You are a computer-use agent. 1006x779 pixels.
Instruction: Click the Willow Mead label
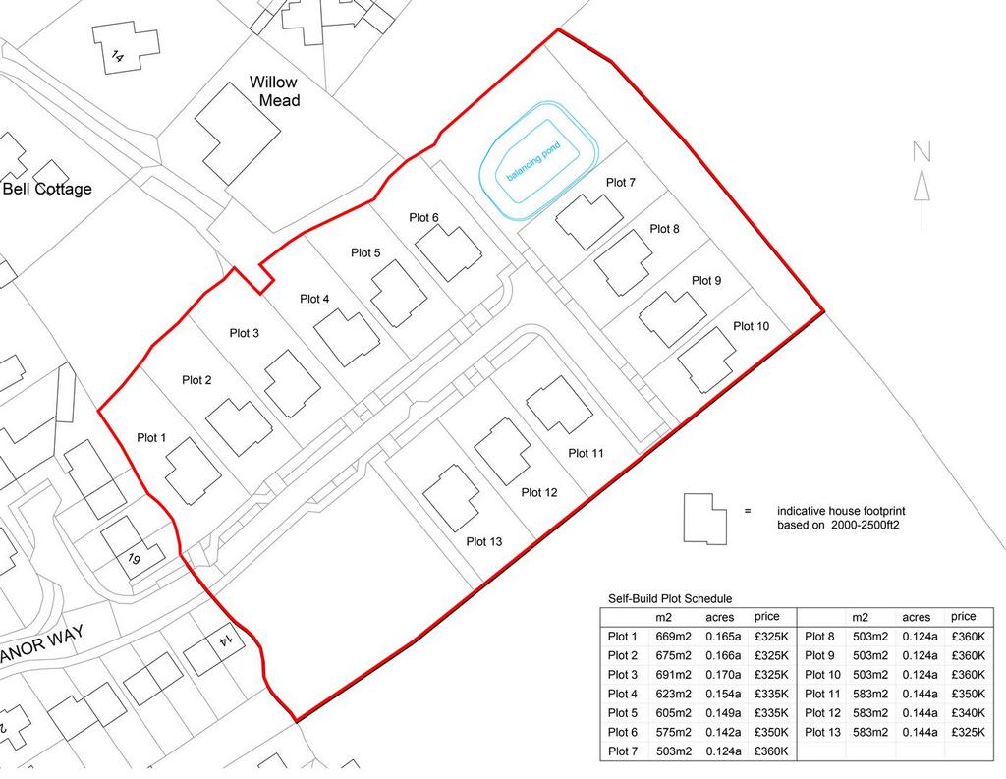click(275, 91)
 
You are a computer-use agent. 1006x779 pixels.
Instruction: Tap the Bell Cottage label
click(47, 189)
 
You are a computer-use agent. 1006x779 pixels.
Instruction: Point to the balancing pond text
click(533, 162)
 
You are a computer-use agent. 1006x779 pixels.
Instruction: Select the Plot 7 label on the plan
click(621, 183)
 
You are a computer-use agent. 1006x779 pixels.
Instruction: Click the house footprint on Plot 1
click(194, 472)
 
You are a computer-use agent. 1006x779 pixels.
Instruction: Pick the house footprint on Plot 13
click(452, 499)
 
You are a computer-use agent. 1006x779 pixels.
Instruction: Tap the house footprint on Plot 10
click(707, 360)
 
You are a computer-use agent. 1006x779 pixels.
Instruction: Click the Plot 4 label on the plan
click(314, 299)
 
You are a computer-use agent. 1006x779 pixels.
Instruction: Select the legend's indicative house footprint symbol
click(705, 519)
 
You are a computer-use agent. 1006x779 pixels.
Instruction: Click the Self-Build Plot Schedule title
click(670, 598)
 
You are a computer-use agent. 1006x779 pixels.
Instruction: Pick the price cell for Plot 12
click(968, 713)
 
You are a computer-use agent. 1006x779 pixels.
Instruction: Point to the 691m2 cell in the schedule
click(674, 675)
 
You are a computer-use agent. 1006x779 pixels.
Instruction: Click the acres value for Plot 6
click(723, 732)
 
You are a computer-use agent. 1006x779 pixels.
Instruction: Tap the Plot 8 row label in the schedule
click(819, 637)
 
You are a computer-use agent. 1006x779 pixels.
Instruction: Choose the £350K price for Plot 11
click(968, 694)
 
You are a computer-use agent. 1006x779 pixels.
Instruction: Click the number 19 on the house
click(134, 559)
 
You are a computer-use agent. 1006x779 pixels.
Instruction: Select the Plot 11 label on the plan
click(586, 453)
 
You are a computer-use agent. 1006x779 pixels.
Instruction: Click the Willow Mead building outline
click(237, 134)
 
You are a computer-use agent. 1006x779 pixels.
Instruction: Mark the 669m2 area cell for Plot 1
click(674, 637)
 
